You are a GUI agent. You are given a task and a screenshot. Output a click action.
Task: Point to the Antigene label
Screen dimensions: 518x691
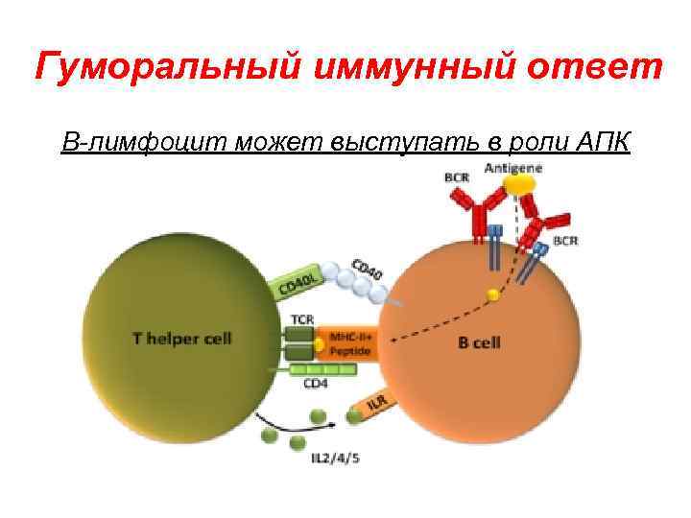(513, 168)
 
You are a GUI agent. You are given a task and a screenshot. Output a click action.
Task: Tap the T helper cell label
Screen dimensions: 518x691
(181, 339)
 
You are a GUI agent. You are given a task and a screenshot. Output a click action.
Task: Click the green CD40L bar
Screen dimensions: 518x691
(298, 279)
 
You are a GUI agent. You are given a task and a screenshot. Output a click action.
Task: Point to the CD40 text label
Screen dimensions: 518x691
(368, 270)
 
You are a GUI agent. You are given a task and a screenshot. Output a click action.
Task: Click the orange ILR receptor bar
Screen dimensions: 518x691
(378, 405)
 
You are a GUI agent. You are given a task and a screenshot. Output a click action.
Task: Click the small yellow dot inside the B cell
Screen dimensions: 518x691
(493, 295)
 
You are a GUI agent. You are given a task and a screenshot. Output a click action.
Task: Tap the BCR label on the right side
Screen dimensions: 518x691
(565, 241)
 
